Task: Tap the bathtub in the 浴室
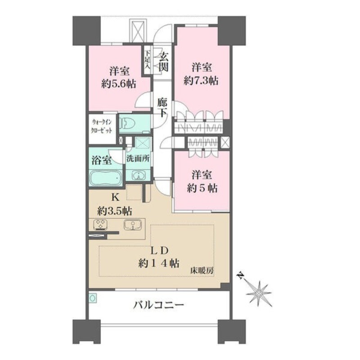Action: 106,178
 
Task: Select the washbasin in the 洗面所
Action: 139,175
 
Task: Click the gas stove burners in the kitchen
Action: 100,225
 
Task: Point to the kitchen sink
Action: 132,225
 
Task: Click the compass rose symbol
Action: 259,293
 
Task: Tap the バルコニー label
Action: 159,305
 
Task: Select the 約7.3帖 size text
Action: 201,81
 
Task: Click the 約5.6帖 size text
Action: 119,84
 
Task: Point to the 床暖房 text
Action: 202,271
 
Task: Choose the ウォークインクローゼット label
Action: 102,126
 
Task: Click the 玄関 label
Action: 164,62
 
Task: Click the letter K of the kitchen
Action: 115,197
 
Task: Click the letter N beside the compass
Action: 240,275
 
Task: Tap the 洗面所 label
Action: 138,159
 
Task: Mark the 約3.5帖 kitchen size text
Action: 115,211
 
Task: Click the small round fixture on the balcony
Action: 93,298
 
